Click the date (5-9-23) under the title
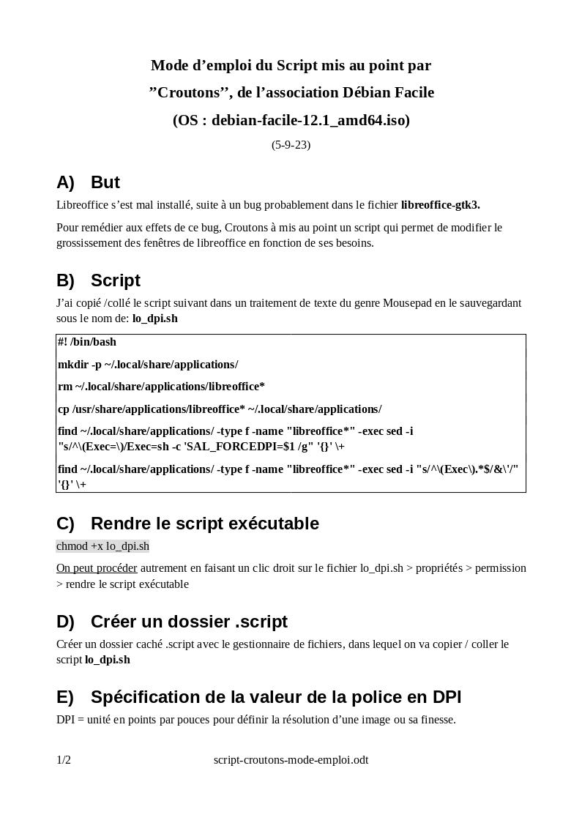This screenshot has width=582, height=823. [x=291, y=145]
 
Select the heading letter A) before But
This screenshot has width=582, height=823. [x=65, y=182]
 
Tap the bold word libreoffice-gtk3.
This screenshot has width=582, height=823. [x=440, y=205]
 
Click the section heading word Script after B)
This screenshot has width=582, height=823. [x=115, y=280]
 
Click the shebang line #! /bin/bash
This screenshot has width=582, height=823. [x=87, y=342]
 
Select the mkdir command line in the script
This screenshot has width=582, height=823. [x=148, y=365]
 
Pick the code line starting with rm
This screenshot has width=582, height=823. [x=161, y=387]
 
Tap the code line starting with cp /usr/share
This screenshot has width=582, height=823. [x=220, y=409]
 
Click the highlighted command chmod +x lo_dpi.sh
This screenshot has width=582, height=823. [x=102, y=546]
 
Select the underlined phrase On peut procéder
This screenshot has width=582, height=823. [x=97, y=568]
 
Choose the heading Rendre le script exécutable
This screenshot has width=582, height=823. [x=205, y=524]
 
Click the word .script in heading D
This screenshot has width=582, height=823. [x=261, y=622]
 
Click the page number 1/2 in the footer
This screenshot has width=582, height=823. [x=64, y=760]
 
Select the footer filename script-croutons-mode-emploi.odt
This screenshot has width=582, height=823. [x=291, y=760]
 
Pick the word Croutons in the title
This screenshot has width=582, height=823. [x=190, y=92]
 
